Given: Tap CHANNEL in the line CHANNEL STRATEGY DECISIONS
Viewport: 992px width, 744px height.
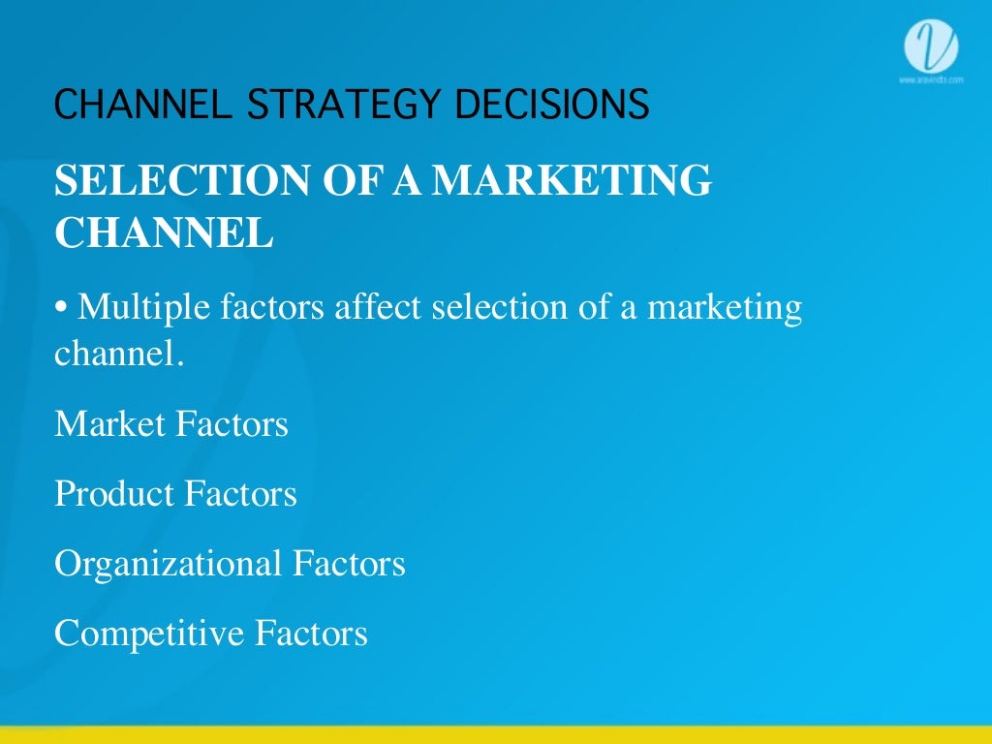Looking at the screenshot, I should pyautogui.click(x=141, y=104).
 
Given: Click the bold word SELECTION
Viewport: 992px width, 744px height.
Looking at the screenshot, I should pyautogui.click(x=162, y=181).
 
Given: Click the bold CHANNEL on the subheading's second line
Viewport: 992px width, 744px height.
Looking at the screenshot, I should pyautogui.click(x=164, y=232).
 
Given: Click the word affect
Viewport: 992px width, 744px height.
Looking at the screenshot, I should pyautogui.click(x=378, y=308).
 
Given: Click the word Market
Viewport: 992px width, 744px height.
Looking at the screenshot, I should pyautogui.click(x=109, y=424).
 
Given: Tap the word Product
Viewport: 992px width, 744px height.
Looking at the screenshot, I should pyautogui.click(x=112, y=494).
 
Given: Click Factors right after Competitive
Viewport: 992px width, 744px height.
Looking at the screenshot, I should pyautogui.click(x=311, y=634).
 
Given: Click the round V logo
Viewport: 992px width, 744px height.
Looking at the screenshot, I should pyautogui.click(x=930, y=46).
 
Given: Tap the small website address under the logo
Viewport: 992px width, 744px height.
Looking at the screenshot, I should pyautogui.click(x=930, y=79).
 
